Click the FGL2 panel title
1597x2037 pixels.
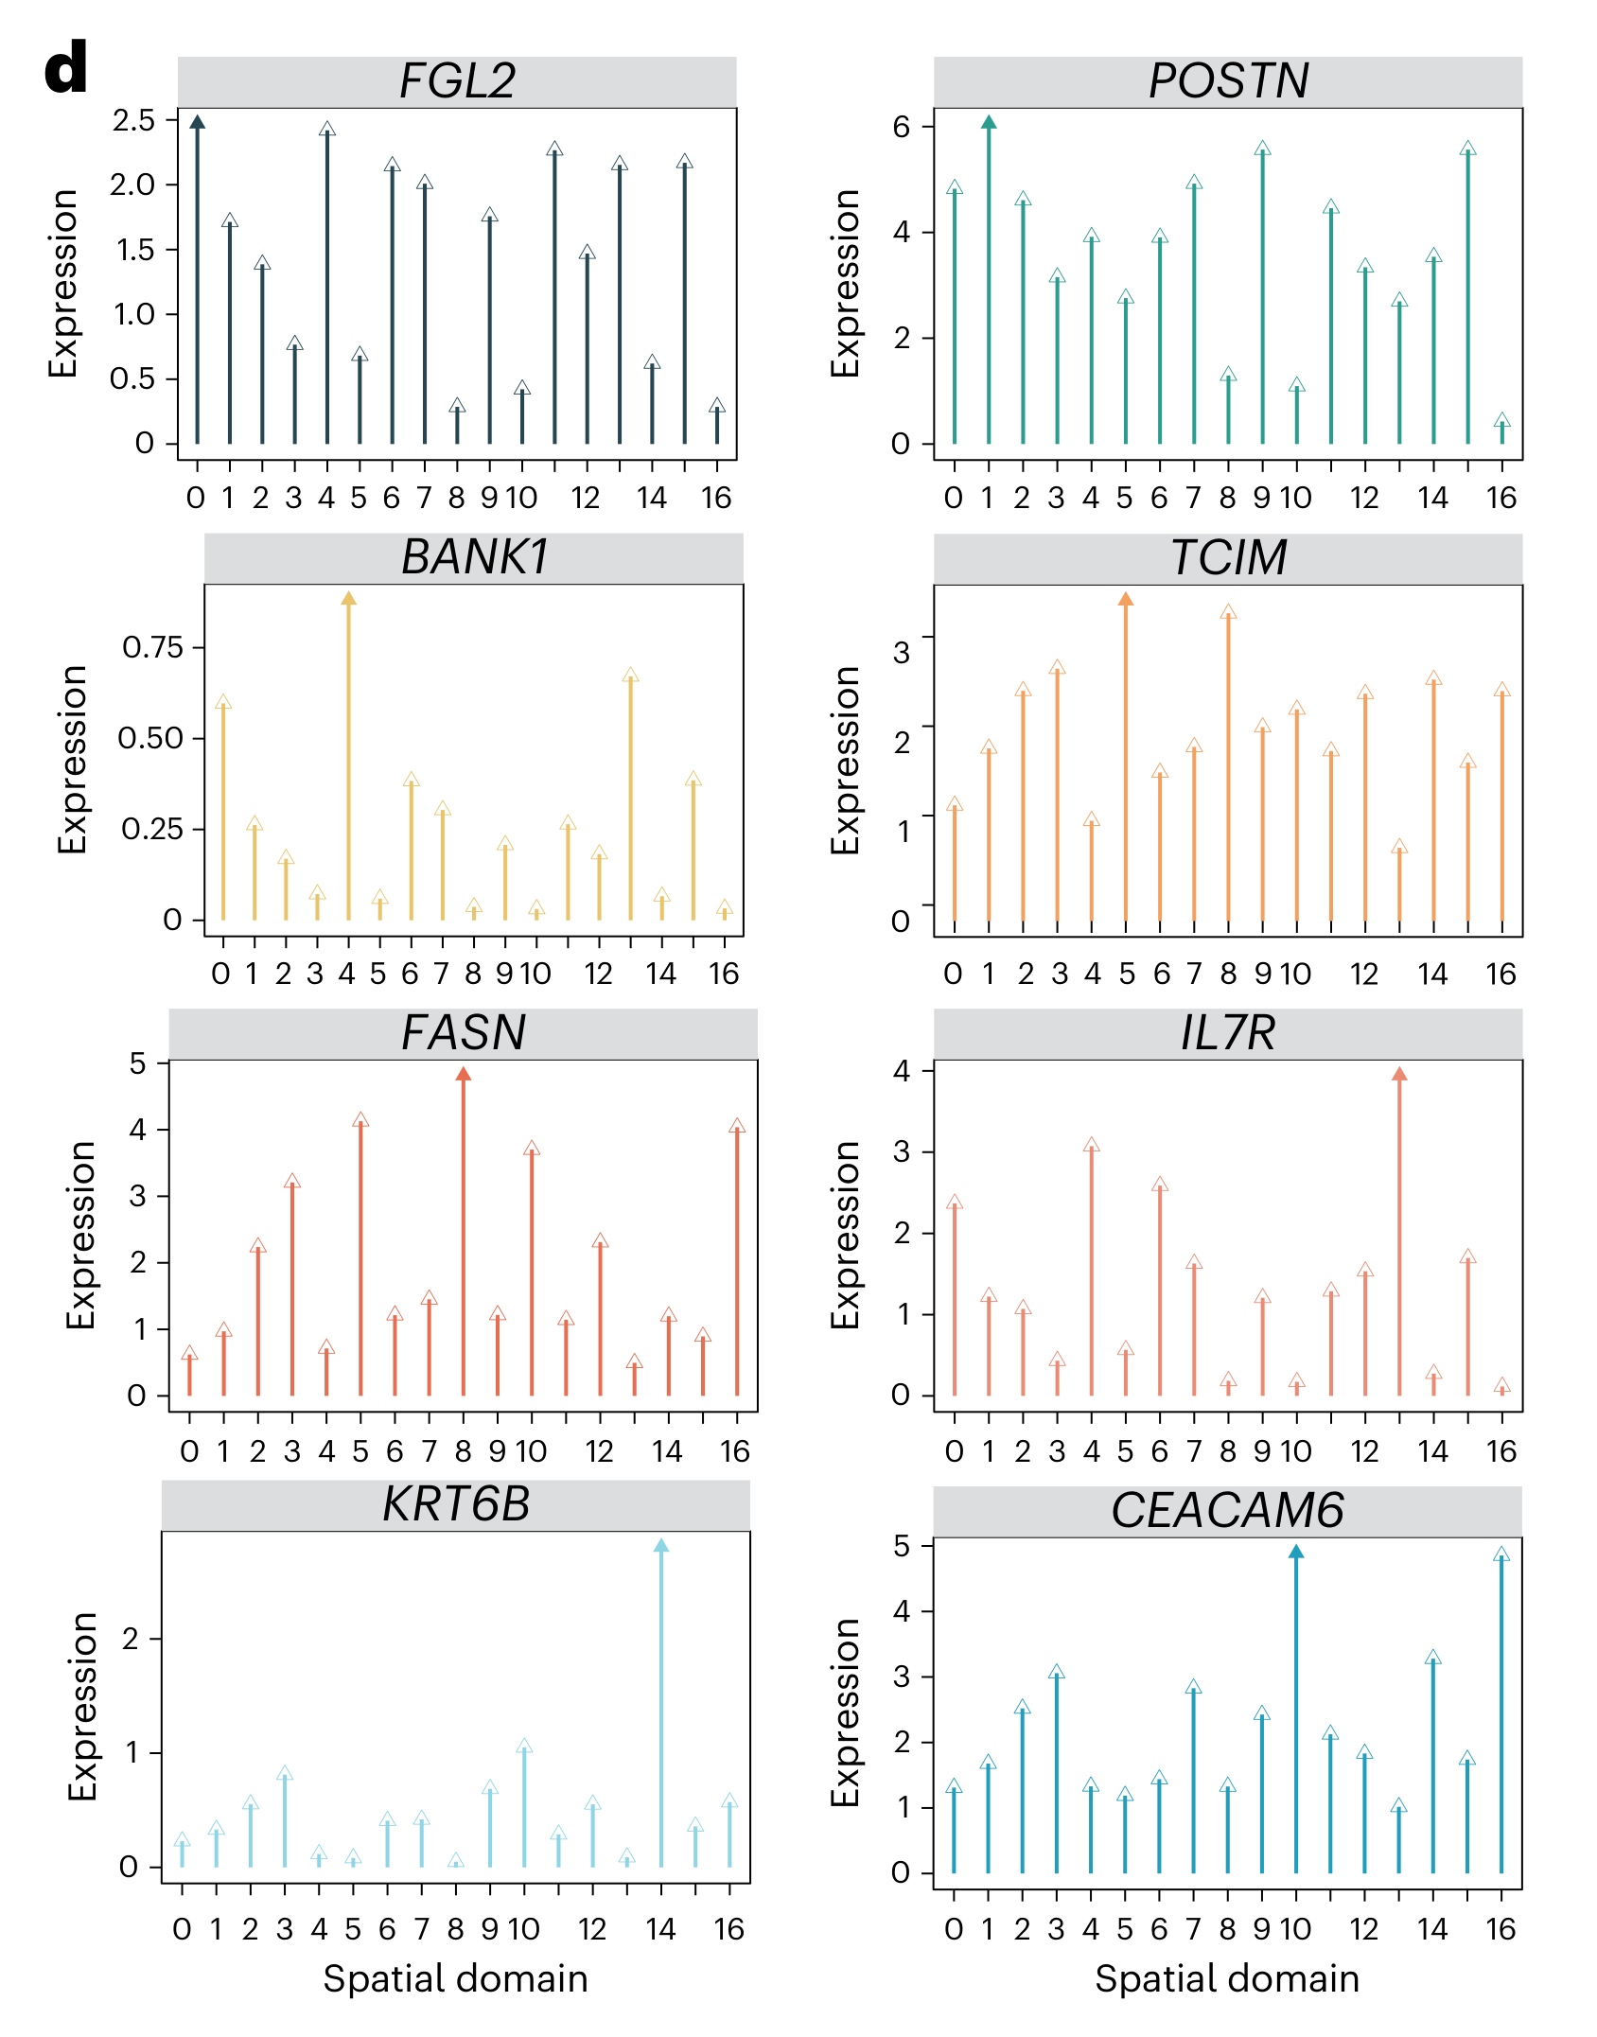pyautogui.click(x=457, y=81)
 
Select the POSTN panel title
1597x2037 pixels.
pyautogui.click(x=1228, y=81)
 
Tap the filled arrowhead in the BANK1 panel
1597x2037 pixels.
pyautogui.click(x=348, y=599)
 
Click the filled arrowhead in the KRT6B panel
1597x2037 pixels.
pyautogui.click(x=660, y=1546)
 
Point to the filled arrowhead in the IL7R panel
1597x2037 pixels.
pyautogui.click(x=1399, y=1074)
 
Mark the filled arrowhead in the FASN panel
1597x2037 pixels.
pyautogui.click(x=463, y=1074)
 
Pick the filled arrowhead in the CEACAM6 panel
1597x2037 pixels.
pyautogui.click(x=1296, y=1552)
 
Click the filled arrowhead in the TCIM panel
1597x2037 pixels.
pyautogui.click(x=1125, y=600)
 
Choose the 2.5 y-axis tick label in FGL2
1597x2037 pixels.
pyautogui.click(x=133, y=120)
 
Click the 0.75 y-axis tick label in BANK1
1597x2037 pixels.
pyautogui.click(x=152, y=647)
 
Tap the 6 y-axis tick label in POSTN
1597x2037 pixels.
pyautogui.click(x=901, y=127)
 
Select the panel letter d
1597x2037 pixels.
pyautogui.click(x=65, y=68)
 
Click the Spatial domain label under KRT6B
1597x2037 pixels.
pyautogui.click(x=455, y=1978)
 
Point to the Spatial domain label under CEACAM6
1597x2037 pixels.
pyautogui.click(x=1227, y=1978)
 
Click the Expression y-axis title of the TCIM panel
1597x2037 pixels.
pyautogui.click(x=845, y=760)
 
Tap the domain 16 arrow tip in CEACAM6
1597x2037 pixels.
pyautogui.click(x=1500, y=1554)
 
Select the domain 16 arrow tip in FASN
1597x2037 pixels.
pyautogui.click(x=737, y=1126)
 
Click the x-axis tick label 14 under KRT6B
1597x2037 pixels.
pyautogui.click(x=660, y=1928)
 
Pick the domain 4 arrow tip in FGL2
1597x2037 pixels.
pyautogui.click(x=327, y=129)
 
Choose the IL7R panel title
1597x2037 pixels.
pyautogui.click(x=1228, y=1033)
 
